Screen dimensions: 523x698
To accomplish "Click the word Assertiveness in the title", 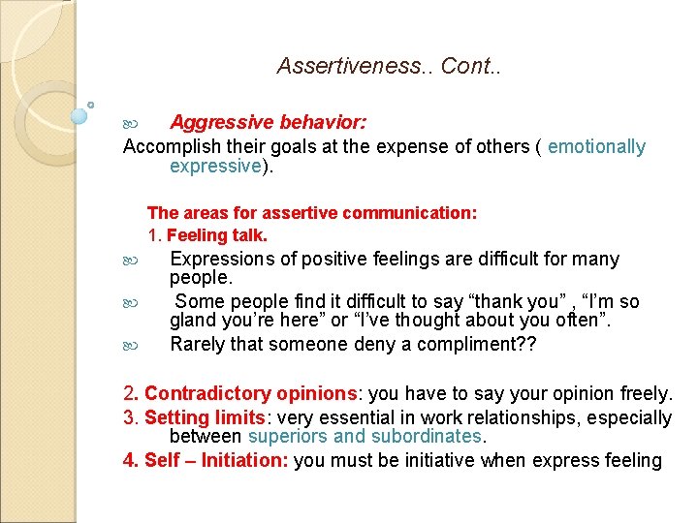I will [x=354, y=66].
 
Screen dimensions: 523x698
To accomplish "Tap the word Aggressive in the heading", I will [x=222, y=123].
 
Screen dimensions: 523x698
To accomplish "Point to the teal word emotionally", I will [x=596, y=147].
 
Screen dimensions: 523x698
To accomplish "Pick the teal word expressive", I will [x=215, y=167].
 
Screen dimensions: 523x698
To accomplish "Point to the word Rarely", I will [x=199, y=344].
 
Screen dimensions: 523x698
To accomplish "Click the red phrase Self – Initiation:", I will [x=215, y=461].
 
